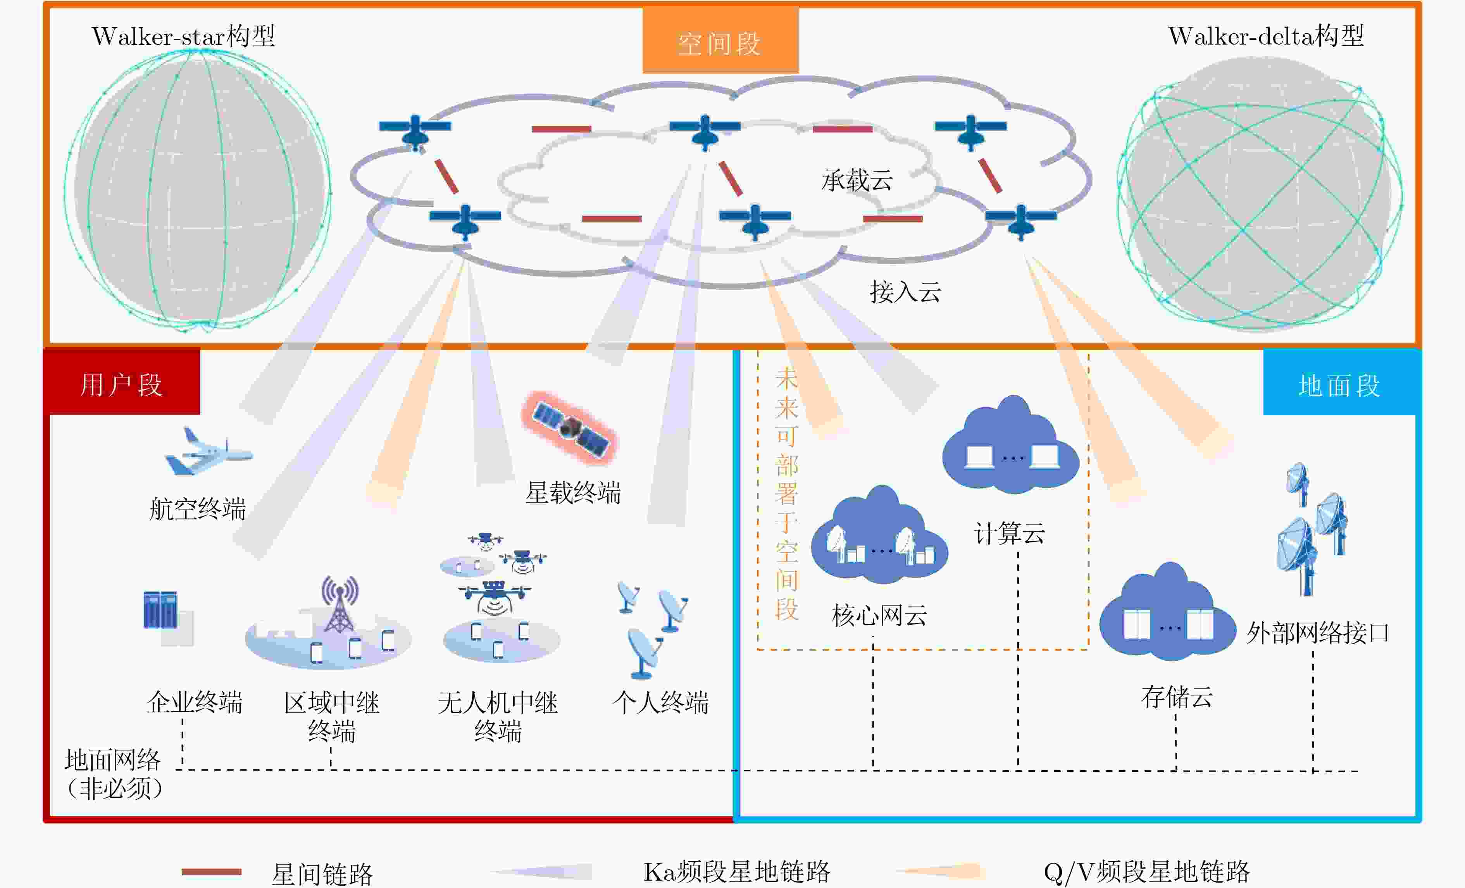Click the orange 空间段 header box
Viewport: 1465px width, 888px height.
pos(720,40)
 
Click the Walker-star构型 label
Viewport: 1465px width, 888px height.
pos(183,36)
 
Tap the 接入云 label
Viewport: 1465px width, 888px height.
pos(905,292)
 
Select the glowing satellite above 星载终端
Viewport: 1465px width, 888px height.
pos(570,427)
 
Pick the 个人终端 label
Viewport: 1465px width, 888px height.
pos(660,702)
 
